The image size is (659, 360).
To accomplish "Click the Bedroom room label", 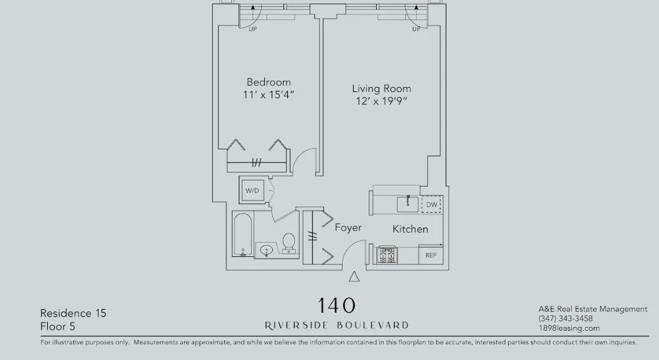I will coord(269,82).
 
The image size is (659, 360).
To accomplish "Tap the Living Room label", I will coord(381,89).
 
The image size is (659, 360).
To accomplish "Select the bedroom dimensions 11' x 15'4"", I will coord(269,95).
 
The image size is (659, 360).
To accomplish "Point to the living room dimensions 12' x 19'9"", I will coord(381,101).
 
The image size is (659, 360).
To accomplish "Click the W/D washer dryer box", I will coord(252,190).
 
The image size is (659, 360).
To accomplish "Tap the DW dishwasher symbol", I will coord(431,205).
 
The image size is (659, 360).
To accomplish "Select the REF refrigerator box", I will coord(431,255).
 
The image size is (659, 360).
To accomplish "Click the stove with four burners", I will coord(387,255).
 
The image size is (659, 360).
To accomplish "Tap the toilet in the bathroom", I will coord(288,242).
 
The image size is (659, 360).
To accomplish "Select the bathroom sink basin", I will coord(267,250).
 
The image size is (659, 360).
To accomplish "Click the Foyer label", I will coord(348,228).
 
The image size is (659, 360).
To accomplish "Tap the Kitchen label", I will coord(410,229).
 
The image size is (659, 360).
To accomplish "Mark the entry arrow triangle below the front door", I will coord(354,277).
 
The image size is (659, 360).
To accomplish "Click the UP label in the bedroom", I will coord(253,29).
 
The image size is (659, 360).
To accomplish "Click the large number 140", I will coord(336,305).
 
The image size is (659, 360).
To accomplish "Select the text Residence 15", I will coord(73,313).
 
